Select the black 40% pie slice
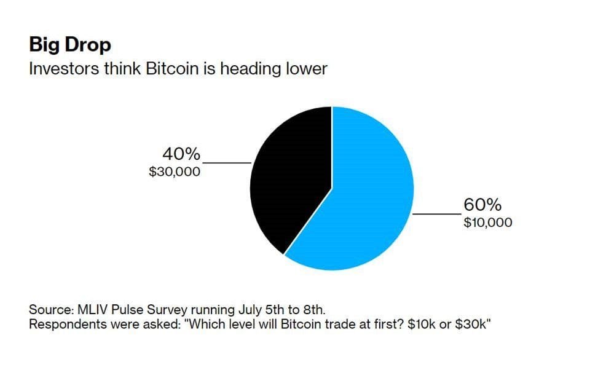point(292,178)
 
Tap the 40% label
point(181,153)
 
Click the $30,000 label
point(175,172)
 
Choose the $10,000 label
point(488,223)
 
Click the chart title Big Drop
point(70,45)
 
